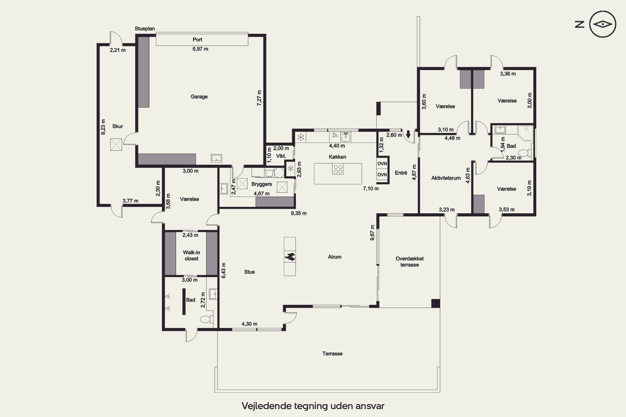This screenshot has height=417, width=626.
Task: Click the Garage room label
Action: click(x=199, y=97)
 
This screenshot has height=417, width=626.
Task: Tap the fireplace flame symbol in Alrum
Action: click(x=290, y=257)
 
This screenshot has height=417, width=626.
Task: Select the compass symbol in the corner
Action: click(x=603, y=24)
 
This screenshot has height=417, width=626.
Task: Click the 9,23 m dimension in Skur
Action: click(x=103, y=127)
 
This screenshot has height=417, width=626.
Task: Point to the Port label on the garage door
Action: click(x=197, y=40)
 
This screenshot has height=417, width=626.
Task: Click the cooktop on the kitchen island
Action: click(x=338, y=169)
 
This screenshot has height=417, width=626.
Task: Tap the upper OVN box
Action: click(x=382, y=163)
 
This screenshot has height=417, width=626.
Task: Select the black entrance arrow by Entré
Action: click(x=408, y=134)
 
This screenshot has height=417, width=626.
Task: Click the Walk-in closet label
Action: click(x=191, y=255)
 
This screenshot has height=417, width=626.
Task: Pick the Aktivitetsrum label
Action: click(x=446, y=178)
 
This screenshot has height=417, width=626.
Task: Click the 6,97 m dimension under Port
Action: click(x=200, y=49)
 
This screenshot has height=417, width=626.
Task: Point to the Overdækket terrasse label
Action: click(x=410, y=262)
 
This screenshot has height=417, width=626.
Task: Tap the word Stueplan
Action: click(x=145, y=29)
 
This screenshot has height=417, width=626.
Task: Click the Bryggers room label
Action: click(x=262, y=184)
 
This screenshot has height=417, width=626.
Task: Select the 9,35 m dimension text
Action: click(x=299, y=213)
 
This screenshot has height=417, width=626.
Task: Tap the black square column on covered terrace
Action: click(x=435, y=303)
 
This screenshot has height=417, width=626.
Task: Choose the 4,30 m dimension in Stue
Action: click(x=249, y=324)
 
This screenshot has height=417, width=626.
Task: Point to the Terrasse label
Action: click(x=332, y=354)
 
